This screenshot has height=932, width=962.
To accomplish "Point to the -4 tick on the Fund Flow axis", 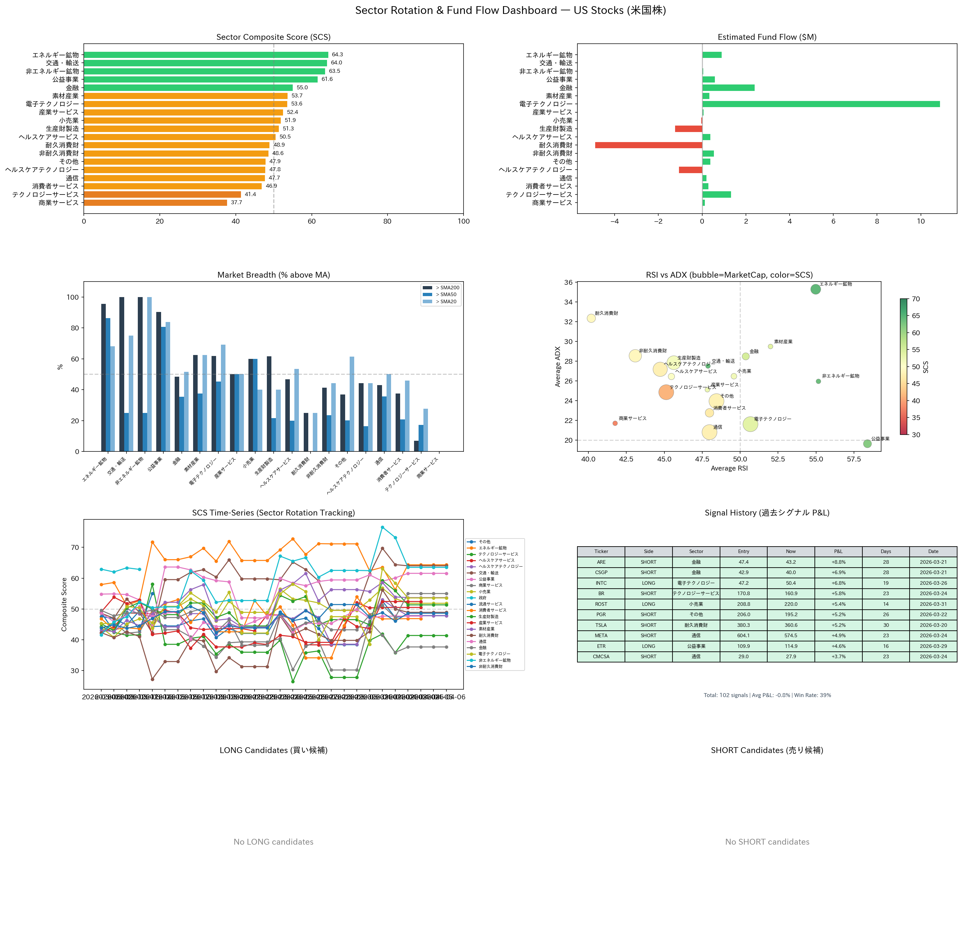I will pos(615,221).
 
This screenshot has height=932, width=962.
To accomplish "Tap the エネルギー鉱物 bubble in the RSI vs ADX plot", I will pos(815,289).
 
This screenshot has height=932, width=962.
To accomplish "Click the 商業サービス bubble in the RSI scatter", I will pos(615,423).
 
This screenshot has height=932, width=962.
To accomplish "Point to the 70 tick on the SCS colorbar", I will pos(916,299).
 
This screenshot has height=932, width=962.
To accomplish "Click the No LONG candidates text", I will pos(273,842).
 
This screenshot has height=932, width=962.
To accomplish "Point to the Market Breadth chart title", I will pos(273,275).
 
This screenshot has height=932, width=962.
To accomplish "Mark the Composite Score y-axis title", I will pos(64,605).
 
